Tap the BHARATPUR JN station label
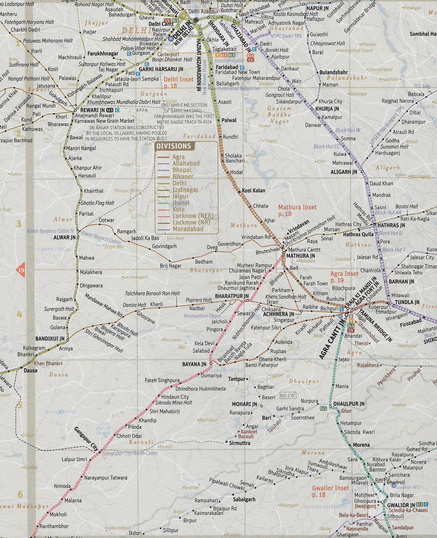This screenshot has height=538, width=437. coord(231,296)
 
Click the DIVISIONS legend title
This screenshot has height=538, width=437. coord(173,146)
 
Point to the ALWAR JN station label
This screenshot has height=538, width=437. coord(65,237)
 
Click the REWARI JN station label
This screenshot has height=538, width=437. coord(92,110)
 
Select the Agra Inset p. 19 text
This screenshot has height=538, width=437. coord(344,277)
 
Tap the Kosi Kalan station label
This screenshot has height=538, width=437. coord(253,190)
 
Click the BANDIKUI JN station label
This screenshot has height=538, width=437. coord(50,339)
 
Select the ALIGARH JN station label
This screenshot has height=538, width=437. coord(344,172)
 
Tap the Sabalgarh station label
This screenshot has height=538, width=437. coord(244,499)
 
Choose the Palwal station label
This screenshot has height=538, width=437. coord(229,120)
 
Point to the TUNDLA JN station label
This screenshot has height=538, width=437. coord(407,302)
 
